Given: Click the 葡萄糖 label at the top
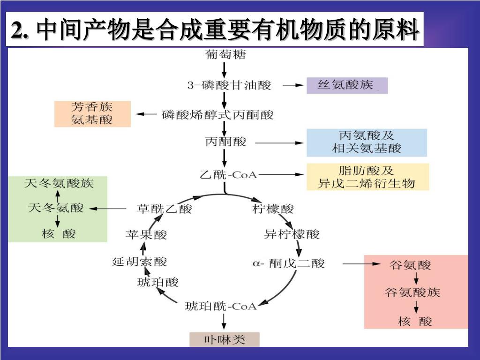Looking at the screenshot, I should coord(225,54).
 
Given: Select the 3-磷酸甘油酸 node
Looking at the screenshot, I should coord(229,85).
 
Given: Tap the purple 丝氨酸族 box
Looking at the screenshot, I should coord(347,85).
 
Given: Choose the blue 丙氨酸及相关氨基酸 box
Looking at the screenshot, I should coord(367,142).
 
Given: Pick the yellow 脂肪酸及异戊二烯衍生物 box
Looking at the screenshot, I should coord(367,177).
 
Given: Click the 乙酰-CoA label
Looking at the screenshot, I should coord(228,175).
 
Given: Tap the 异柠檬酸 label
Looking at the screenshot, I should coord(292,234).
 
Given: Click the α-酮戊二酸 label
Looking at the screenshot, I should coord(289,263).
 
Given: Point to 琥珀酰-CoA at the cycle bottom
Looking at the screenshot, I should coord(221,307).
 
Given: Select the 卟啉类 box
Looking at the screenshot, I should coord(224,339).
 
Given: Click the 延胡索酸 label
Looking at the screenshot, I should coord(139,261).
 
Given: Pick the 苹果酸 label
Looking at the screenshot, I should coord(146,234).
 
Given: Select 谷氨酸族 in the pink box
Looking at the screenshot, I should coord(412,293).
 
